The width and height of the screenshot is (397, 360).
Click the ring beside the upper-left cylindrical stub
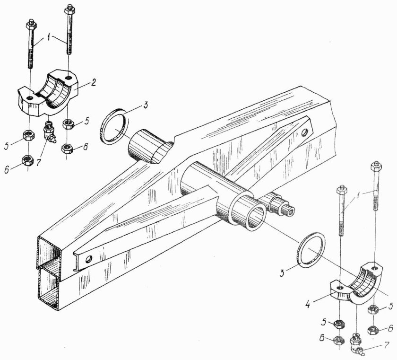[x=115, y=126]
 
